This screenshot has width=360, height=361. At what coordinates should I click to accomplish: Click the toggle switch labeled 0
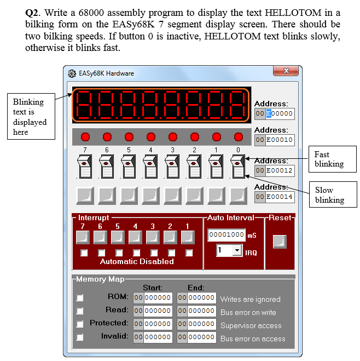pos(237,167)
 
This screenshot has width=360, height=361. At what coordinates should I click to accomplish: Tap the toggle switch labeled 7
pos(84,167)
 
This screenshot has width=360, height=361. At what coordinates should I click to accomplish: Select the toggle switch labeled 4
pos(150,167)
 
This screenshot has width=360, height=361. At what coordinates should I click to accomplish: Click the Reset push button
pos(280,241)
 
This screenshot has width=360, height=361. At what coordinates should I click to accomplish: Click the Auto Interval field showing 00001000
pos(227,235)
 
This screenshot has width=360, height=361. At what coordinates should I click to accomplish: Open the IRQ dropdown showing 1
pos(229,250)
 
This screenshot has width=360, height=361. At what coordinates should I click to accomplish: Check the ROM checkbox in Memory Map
pos(80,297)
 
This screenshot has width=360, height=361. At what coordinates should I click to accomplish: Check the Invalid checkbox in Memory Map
pos(80,337)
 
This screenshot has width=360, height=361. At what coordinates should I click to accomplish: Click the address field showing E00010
pos(279,140)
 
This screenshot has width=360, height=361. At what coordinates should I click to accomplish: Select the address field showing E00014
pos(279,196)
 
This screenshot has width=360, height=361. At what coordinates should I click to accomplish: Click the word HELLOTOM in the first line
pos(272,13)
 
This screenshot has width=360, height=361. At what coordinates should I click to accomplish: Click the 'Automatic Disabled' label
pos(137,261)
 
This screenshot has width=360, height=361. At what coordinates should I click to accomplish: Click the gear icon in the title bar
pos(72,73)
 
